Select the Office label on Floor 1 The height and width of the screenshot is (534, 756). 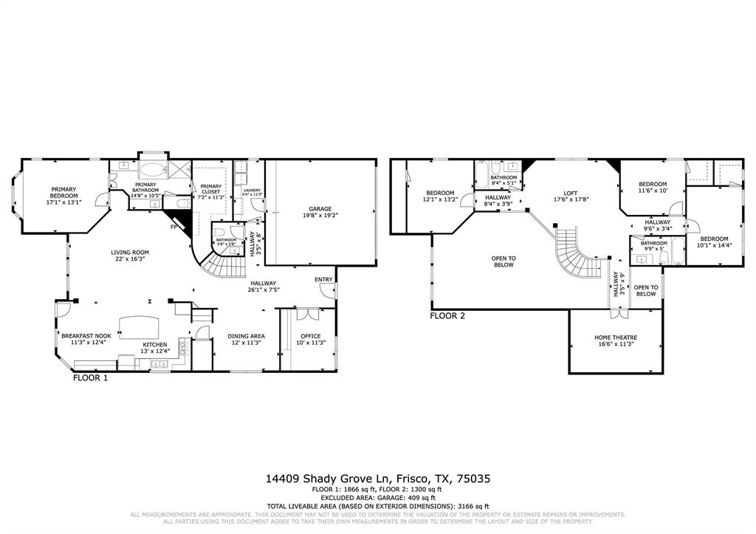[311, 336]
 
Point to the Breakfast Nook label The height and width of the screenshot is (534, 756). [86, 335]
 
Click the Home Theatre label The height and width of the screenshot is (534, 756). [616, 338]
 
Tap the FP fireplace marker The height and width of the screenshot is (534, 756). [173, 227]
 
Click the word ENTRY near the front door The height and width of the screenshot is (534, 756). [323, 279]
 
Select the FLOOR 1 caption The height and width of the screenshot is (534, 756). [90, 377]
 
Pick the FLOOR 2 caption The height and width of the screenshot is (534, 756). [447, 316]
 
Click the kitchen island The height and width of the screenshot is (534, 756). [137, 324]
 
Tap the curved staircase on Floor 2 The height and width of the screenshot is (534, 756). [573, 251]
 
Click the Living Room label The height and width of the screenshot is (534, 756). [130, 253]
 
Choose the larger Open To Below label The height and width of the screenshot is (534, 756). [504, 261]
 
